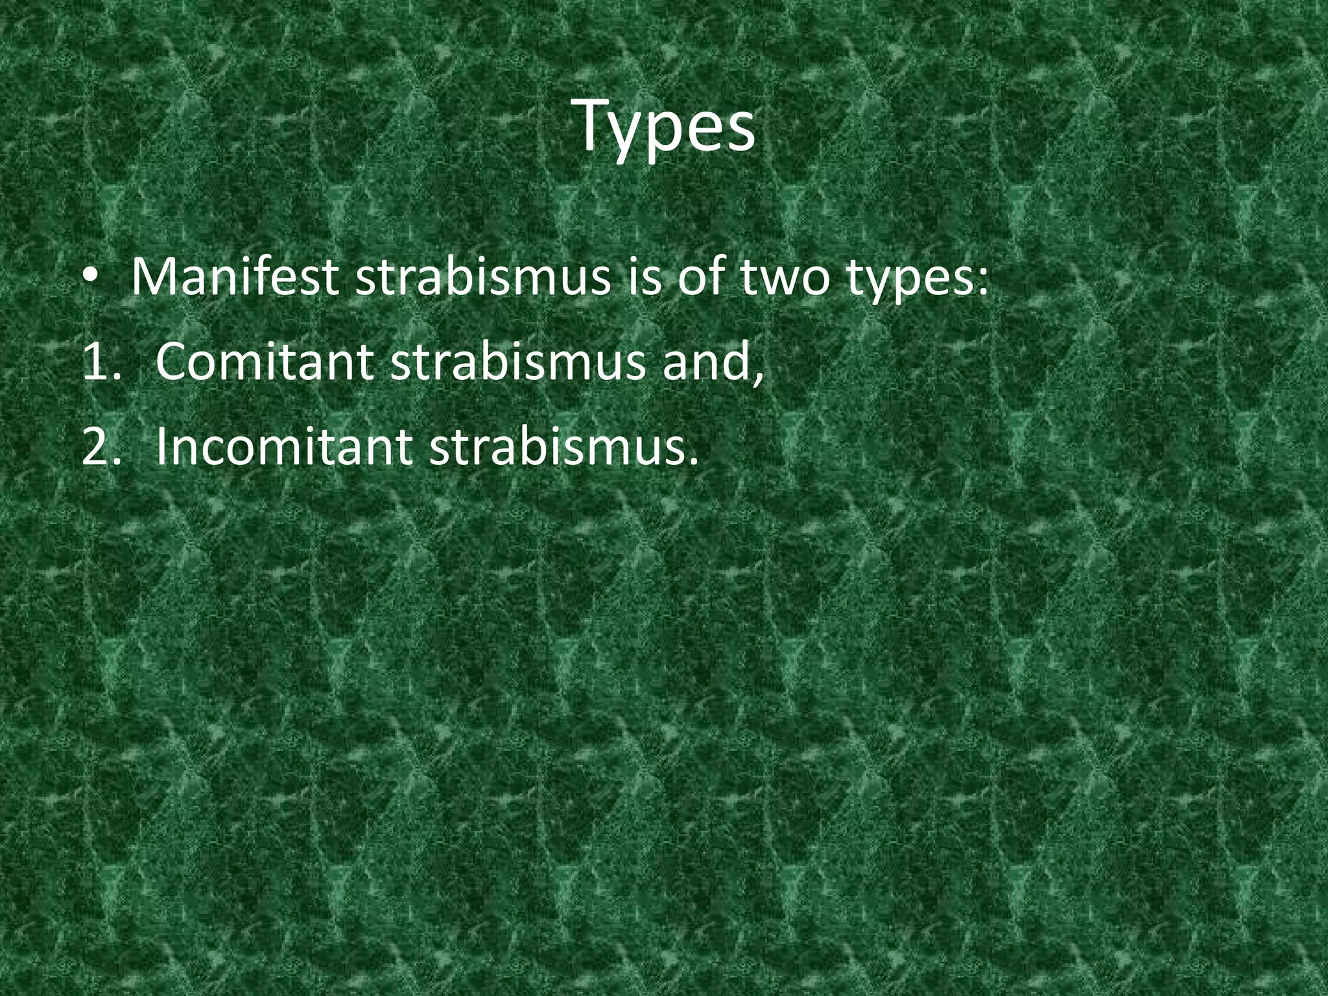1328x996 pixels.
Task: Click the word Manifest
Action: tap(233, 278)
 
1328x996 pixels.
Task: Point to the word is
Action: tap(646, 278)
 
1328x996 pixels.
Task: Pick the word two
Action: tap(787, 278)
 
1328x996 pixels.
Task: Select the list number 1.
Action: tap(97, 362)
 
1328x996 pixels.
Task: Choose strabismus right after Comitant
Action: tap(519, 362)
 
